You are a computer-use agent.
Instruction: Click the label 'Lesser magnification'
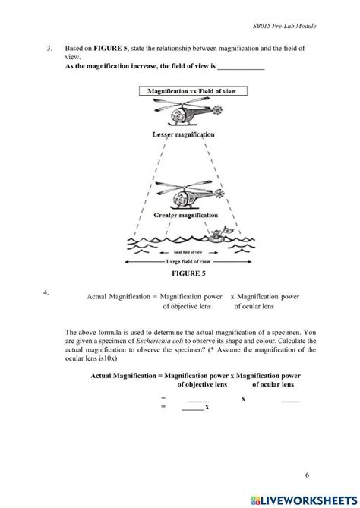183,134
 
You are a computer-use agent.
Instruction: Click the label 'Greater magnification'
184,215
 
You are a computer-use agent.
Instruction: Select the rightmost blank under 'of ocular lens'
290,399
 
